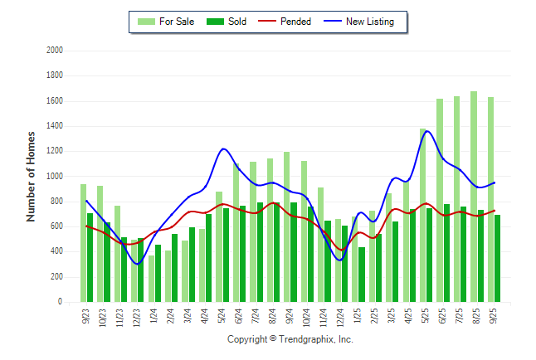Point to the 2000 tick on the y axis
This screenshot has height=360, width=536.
[x=55, y=51]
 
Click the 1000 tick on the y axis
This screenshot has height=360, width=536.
[x=55, y=177]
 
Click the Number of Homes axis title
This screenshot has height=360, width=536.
[x=31, y=176]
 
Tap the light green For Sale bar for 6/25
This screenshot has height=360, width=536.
[x=440, y=200]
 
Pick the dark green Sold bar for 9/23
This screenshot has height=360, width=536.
[x=90, y=257]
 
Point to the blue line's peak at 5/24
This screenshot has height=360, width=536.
[x=223, y=149]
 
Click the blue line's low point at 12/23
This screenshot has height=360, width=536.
[x=138, y=264]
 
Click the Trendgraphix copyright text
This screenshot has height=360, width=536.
[x=290, y=339]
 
